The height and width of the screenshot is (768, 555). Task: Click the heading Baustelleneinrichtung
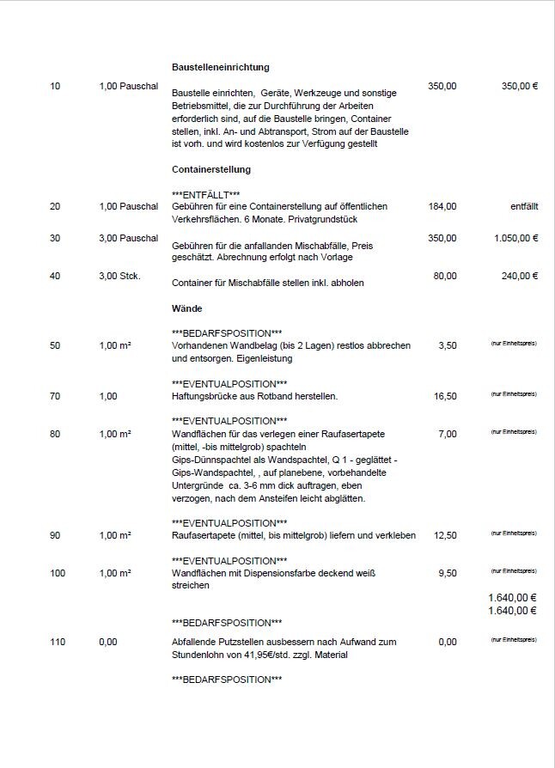coord(221,67)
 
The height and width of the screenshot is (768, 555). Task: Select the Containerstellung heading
coord(211,169)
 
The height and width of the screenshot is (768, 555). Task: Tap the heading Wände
coord(187,308)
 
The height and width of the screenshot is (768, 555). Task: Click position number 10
coord(56,87)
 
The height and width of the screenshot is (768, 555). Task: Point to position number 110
coord(58,642)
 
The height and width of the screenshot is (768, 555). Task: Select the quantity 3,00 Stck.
coord(119,276)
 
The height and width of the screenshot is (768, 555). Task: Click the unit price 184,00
coord(442,206)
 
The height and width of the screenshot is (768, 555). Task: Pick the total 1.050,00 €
coord(515,238)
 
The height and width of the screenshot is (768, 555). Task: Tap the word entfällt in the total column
coord(524,206)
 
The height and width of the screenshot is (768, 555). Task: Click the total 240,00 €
coord(519,276)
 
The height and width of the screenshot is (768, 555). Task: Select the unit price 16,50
coord(444,396)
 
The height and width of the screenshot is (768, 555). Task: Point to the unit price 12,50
coord(444,535)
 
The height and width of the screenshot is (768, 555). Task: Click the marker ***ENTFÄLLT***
coord(206,195)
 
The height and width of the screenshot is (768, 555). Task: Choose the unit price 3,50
coord(447,345)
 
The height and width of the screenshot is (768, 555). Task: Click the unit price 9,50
coord(447,573)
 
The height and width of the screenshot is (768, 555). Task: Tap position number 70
coord(56,396)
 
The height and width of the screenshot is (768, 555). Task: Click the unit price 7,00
coord(447,434)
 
